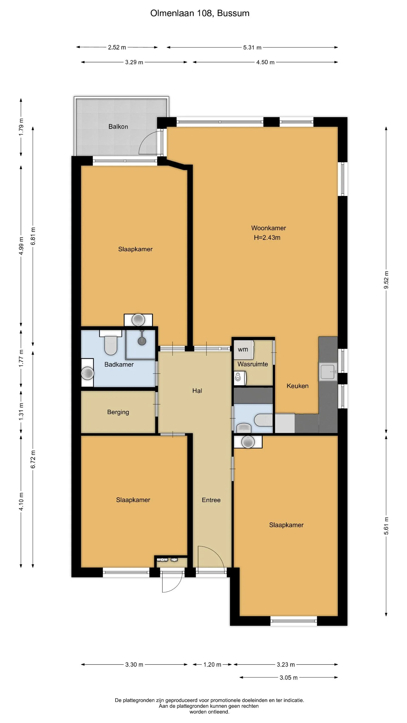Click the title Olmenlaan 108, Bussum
point(200,13)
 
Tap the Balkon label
point(118,127)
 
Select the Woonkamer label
point(269,228)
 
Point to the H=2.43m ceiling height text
point(267,238)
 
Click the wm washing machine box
point(243,350)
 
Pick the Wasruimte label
point(253,364)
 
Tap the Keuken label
point(297,386)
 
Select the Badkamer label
point(119,364)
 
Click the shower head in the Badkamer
point(142,341)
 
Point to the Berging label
point(118,412)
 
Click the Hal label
point(197,391)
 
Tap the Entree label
point(211,500)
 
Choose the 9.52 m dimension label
point(386,280)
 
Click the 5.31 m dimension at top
point(252,47)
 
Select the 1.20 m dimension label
point(212,665)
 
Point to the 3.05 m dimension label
point(289,678)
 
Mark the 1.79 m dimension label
point(21,127)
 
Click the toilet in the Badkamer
point(111,342)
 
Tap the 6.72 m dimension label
point(33,459)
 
